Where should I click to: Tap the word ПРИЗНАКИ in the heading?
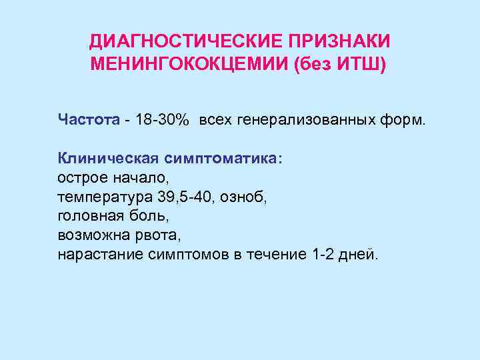339,42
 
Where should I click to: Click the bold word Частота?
87,120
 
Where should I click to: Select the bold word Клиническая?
107,159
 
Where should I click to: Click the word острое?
81,178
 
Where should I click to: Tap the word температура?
104,197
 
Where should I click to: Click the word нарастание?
96,255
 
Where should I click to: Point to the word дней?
361,255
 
